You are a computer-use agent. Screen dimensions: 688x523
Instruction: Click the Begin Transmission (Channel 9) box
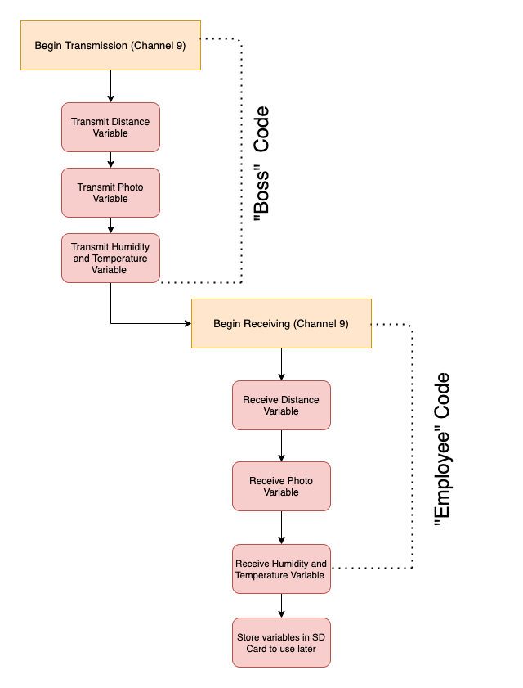pyautogui.click(x=110, y=45)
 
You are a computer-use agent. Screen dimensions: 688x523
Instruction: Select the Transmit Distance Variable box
pyautogui.click(x=110, y=127)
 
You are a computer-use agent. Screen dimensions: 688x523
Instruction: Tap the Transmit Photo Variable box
pyautogui.click(x=110, y=192)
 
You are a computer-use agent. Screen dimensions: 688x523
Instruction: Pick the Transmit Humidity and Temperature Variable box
pyautogui.click(x=110, y=258)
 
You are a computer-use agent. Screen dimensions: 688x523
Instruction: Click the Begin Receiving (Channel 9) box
pyautogui.click(x=281, y=323)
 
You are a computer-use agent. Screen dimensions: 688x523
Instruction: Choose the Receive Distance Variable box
pyautogui.click(x=281, y=405)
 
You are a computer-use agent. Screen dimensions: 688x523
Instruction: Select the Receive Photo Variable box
pyautogui.click(x=281, y=486)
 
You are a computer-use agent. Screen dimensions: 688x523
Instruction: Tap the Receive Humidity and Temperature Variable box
pyautogui.click(x=281, y=569)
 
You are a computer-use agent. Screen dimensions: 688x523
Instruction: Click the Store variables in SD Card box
pyautogui.click(x=281, y=642)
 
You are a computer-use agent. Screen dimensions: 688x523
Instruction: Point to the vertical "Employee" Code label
pyautogui.click(x=442, y=450)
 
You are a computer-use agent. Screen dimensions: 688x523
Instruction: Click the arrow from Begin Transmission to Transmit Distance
pyautogui.click(x=110, y=86)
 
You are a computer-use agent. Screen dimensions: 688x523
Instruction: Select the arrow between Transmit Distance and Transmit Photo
pyautogui.click(x=110, y=160)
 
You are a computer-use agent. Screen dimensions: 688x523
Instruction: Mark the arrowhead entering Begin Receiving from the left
pyautogui.click(x=186, y=323)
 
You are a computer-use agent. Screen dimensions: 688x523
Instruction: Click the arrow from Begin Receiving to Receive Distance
pyautogui.click(x=281, y=364)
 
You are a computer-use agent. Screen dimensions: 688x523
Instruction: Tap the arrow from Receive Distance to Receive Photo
pyautogui.click(x=281, y=446)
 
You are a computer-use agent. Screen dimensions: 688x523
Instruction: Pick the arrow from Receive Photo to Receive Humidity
pyautogui.click(x=281, y=528)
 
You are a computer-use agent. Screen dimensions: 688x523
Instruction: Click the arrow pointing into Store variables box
pyautogui.click(x=281, y=605)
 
